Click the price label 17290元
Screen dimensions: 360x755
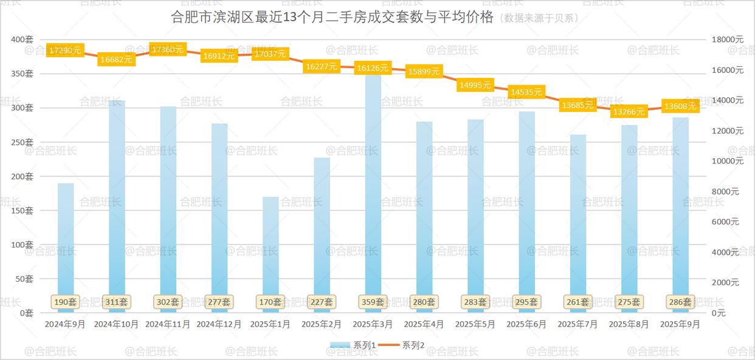coord(65,50)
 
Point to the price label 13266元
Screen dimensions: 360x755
coord(629,112)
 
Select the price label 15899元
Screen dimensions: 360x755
coord(424,72)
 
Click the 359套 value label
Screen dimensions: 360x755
coord(373,302)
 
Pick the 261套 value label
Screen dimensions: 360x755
coord(577,302)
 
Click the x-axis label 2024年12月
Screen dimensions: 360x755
coord(219,325)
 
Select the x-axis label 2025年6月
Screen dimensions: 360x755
coord(526,325)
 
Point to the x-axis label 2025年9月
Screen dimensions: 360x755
coord(680,325)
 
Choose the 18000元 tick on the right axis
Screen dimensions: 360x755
coord(728,40)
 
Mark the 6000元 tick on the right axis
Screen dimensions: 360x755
coord(725,222)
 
